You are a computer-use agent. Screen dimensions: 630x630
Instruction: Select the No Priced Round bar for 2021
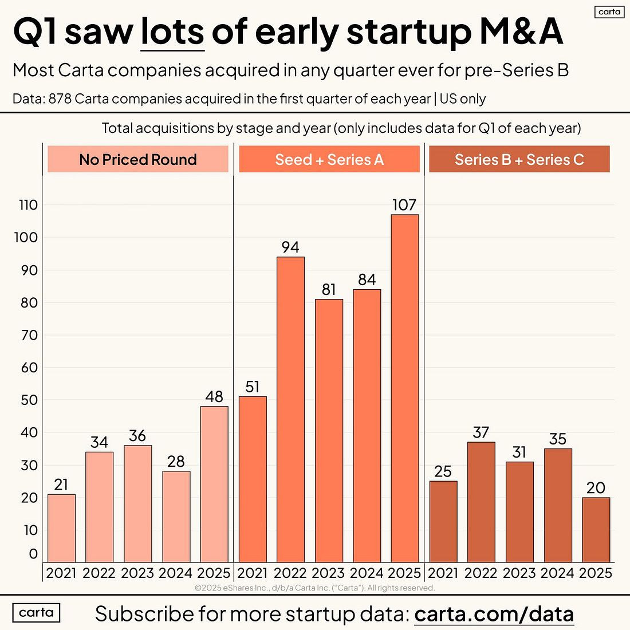[x=61, y=528]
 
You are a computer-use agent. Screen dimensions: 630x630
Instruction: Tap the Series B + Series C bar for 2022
[x=481, y=502]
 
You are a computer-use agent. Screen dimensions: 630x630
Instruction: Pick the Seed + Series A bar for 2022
[x=290, y=409]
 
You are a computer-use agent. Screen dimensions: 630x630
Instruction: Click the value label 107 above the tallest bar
[x=404, y=205]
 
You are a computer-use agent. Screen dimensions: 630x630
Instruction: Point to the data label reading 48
[x=214, y=397]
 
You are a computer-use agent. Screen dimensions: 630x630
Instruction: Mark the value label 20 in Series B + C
[x=596, y=488]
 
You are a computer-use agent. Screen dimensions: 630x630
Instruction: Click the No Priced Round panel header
[x=138, y=159]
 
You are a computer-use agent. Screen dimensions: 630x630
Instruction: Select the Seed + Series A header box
[x=329, y=159]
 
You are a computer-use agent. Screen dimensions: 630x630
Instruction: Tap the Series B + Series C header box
[x=519, y=159]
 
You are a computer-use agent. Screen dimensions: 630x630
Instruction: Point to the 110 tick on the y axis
[x=28, y=205]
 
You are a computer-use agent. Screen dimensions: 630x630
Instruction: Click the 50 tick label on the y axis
[x=28, y=400]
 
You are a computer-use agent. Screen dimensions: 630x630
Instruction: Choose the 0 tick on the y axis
[x=33, y=554]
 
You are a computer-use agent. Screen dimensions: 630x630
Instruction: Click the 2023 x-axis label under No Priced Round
[x=137, y=573]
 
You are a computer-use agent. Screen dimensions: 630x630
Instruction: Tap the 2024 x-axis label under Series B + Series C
[x=557, y=573]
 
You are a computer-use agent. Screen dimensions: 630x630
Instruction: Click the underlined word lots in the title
[x=172, y=32]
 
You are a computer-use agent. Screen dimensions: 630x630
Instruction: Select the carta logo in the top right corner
[x=609, y=11]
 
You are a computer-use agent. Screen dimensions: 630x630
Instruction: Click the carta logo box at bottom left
[x=36, y=613]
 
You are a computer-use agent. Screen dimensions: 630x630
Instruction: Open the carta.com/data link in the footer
[x=494, y=614]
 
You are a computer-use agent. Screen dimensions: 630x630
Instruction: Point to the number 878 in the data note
[x=60, y=99]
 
